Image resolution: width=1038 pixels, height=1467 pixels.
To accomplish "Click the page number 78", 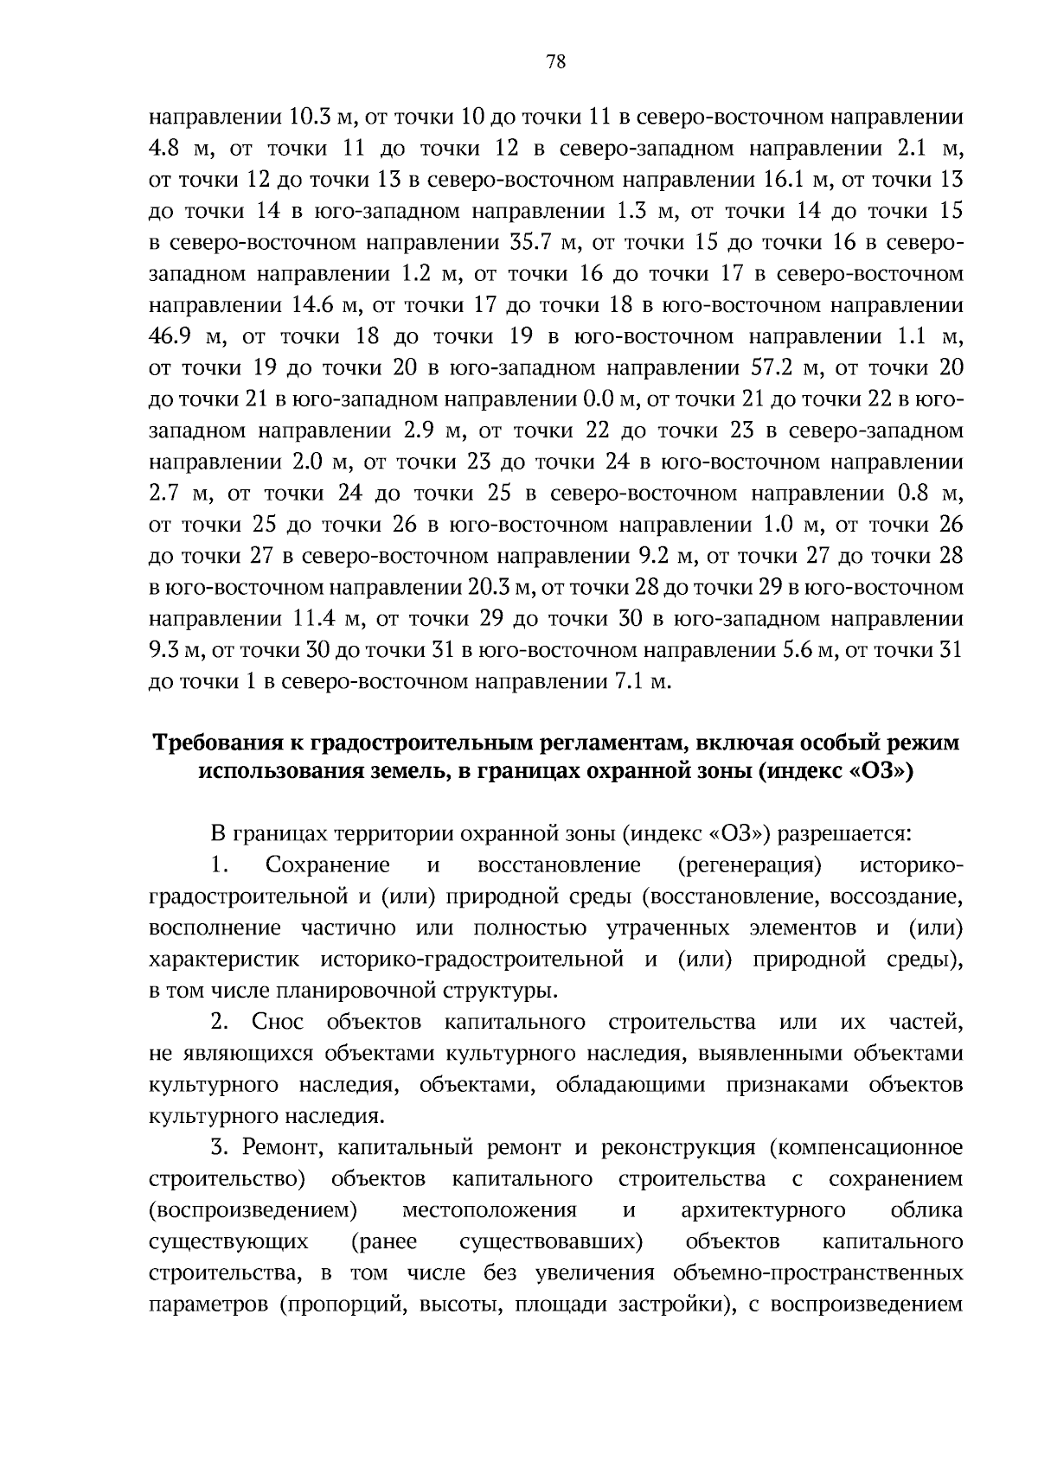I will click(556, 61).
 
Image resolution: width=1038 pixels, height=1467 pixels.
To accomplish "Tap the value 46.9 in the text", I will click(172, 336).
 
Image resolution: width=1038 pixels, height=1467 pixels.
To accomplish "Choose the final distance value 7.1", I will click(631, 681).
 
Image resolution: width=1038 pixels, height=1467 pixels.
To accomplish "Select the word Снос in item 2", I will click(278, 1023).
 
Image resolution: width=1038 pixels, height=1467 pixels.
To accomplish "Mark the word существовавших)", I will click(551, 1242).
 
